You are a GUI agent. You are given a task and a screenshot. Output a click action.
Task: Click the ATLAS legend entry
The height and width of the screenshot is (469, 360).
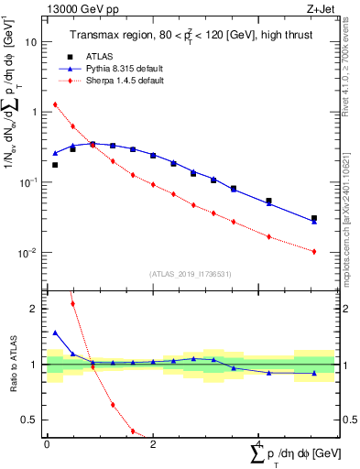[x=109, y=57]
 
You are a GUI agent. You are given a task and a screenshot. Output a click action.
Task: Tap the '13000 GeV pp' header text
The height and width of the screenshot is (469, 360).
[x=78, y=9]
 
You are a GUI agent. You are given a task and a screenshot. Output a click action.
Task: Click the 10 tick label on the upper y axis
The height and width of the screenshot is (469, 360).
[x=31, y=42]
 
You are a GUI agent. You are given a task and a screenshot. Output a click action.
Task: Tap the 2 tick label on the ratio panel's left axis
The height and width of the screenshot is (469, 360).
[x=34, y=309]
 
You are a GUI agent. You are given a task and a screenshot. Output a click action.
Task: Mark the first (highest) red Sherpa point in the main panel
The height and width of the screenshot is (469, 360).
[x=55, y=104]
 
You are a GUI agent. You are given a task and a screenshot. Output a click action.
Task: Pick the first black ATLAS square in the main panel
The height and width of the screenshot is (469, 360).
[x=55, y=165]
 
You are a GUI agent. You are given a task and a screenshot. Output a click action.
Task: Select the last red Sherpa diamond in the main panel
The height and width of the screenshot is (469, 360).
[x=314, y=251]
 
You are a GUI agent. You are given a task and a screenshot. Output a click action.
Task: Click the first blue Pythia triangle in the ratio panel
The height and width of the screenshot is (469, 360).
[x=55, y=333]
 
